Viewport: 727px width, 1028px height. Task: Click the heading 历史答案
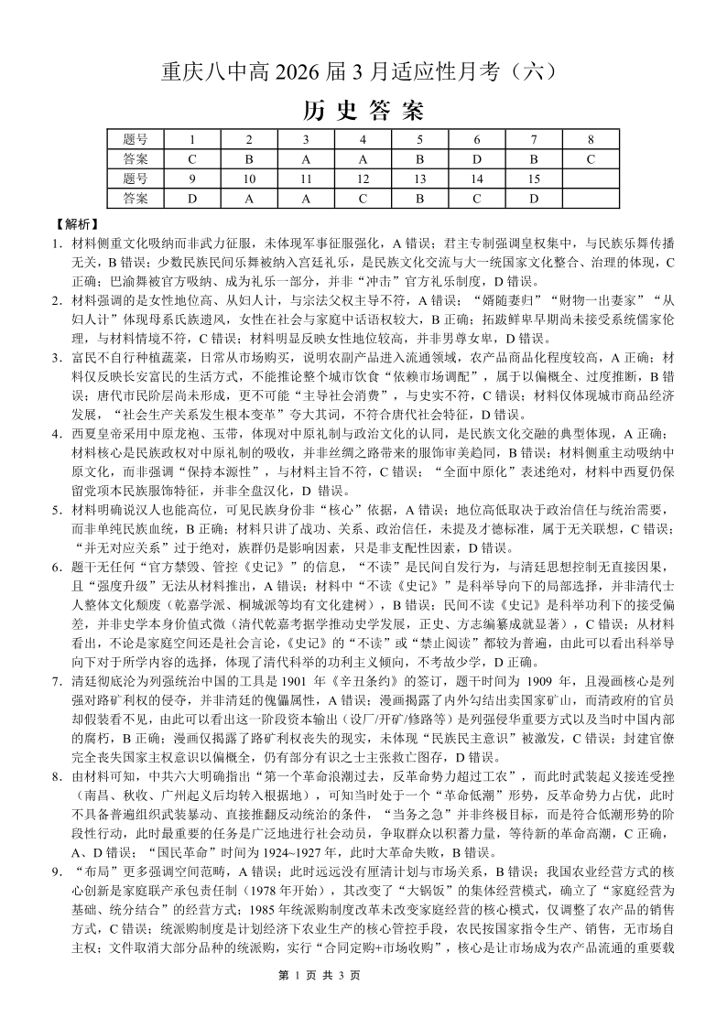click(x=363, y=111)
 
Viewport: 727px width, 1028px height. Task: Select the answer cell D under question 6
click(x=476, y=158)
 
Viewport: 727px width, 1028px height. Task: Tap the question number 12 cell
click(x=363, y=178)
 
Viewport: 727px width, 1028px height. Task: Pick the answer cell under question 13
click(x=419, y=197)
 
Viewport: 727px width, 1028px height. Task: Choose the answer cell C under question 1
click(x=192, y=158)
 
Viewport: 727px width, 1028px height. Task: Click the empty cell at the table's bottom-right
click(x=591, y=197)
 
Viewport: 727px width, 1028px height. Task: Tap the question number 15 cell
click(x=533, y=178)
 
